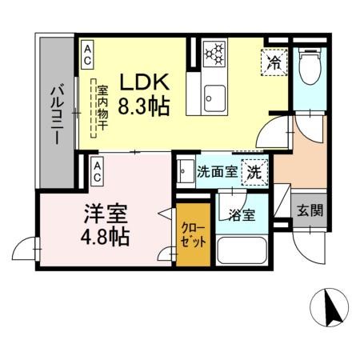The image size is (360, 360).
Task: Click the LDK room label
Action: pyautogui.click(x=145, y=82)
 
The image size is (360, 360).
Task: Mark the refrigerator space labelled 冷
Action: pyautogui.click(x=274, y=62)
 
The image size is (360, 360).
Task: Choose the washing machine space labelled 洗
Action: pyautogui.click(x=254, y=170)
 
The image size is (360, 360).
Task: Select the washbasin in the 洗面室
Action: pyautogui.click(x=186, y=171)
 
